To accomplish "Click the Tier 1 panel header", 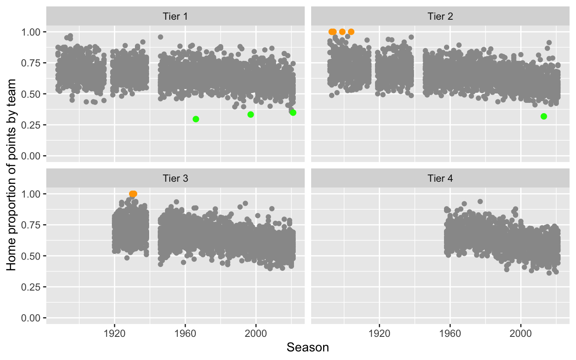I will click(x=175, y=17).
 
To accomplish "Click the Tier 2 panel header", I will click(x=440, y=17).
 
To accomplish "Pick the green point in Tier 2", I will click(x=544, y=116).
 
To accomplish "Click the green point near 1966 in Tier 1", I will click(x=196, y=119).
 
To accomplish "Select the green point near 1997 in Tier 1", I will click(x=251, y=114).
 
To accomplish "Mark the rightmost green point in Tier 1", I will click(x=293, y=113).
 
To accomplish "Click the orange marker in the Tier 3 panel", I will click(x=133, y=194).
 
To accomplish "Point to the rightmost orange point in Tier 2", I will click(x=351, y=32).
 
